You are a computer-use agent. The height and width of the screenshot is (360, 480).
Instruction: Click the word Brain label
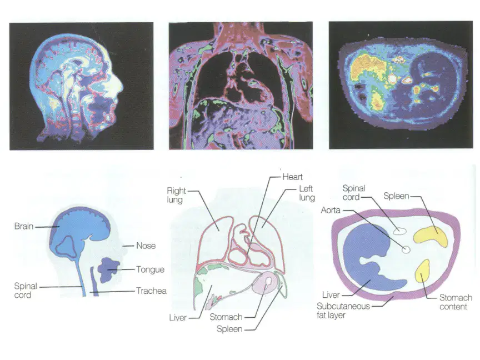[24, 226]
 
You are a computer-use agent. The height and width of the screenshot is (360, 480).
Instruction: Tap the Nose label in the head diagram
[146, 246]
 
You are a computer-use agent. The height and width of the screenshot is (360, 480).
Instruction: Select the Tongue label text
[150, 269]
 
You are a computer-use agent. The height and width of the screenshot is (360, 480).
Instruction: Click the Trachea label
[151, 291]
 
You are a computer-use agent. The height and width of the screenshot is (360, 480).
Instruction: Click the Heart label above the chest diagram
[292, 177]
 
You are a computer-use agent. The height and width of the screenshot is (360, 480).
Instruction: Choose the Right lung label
[176, 195]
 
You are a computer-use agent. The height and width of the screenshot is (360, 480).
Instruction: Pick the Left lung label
[307, 193]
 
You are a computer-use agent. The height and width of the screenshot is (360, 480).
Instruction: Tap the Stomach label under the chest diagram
[226, 317]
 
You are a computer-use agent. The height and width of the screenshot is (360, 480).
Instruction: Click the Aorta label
[331, 211]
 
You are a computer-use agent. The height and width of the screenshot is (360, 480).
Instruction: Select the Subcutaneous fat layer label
[343, 311]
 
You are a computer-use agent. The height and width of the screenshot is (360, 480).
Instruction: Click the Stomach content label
[456, 302]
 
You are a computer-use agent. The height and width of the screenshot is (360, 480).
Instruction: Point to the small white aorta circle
[406, 249]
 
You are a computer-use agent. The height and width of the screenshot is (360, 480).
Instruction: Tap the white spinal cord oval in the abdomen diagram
[399, 231]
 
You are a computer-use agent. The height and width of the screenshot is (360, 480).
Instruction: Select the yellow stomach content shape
[422, 271]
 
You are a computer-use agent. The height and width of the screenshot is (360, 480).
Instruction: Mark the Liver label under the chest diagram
[178, 318]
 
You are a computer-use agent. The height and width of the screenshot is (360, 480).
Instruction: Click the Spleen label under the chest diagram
[229, 329]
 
